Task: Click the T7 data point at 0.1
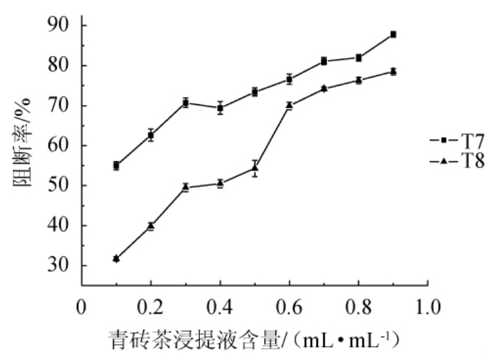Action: coord(116,166)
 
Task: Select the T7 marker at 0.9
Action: coord(393,34)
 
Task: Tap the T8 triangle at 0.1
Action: coord(116,259)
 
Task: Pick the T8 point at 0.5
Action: coord(255,168)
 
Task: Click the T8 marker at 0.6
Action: coord(289,105)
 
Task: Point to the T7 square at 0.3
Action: coord(186,103)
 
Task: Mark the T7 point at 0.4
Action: coord(220,108)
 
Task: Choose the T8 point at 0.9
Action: coord(393,71)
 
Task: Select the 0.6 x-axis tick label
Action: coord(289,305)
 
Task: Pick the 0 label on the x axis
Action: coord(81,305)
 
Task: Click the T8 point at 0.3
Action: coord(186,187)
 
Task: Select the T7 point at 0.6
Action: coord(289,79)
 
